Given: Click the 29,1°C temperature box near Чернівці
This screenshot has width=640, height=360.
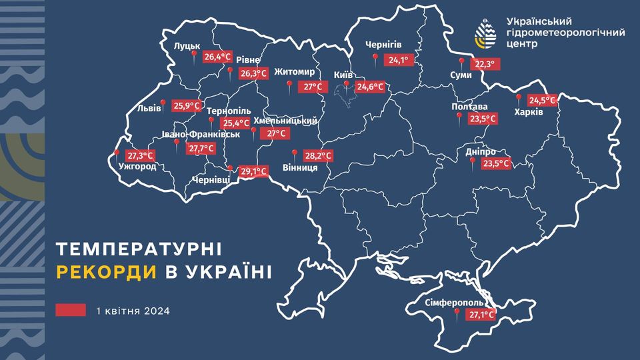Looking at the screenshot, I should (x=254, y=171).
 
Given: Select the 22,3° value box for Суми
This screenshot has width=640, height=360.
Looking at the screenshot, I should (x=485, y=64).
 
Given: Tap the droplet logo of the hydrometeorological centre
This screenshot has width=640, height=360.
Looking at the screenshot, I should (x=485, y=32).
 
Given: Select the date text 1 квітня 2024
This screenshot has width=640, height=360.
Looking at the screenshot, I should (x=133, y=311).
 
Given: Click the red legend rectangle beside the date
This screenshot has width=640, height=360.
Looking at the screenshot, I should (x=71, y=311).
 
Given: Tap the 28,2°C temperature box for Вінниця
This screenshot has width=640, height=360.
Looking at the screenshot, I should (x=317, y=155).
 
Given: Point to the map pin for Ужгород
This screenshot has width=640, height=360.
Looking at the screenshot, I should (x=117, y=153).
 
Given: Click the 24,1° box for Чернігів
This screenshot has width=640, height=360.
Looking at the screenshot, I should (x=398, y=60).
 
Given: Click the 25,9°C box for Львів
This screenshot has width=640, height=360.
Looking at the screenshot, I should (x=186, y=105).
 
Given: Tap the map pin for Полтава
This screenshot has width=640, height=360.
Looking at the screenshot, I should (x=459, y=116).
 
